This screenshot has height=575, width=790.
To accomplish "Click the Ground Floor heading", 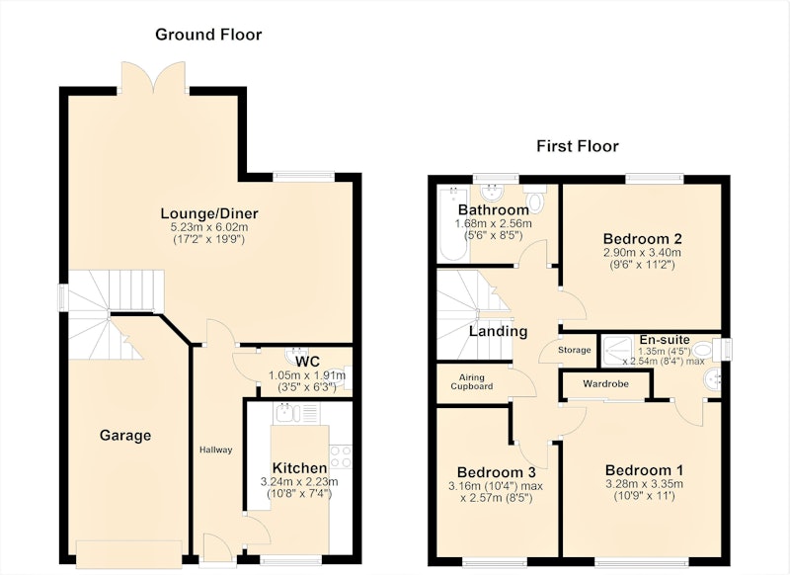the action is tap(208, 35).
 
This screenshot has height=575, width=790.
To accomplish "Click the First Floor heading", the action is tap(578, 146).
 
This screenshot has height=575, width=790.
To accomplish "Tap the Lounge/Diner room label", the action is tap(209, 213).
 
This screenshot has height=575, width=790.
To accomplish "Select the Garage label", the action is tap(125, 435).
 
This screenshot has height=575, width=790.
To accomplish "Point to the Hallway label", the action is tap(215, 450).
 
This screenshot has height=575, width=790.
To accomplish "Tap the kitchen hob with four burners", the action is tap(341, 456).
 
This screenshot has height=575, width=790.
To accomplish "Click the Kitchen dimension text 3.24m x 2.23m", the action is tap(299, 482).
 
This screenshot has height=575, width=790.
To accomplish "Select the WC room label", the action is tap(307, 361).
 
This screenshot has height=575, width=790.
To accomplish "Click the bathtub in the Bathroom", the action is tap(453, 223).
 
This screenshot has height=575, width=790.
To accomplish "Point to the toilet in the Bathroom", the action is tap(535, 198).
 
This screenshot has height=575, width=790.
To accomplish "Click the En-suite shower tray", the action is tap(618, 351).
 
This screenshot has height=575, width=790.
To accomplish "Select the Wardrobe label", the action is tap(605, 383).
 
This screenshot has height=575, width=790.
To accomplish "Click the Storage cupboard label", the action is tap(575, 350).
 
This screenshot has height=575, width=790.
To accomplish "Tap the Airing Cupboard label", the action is tap(472, 381).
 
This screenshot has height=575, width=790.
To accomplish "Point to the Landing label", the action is tap(499, 331).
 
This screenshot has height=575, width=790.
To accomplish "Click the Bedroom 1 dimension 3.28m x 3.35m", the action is tap(645, 484).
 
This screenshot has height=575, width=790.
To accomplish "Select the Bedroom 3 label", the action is tap(497, 472).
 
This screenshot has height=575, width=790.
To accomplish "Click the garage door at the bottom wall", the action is tap(129, 553).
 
